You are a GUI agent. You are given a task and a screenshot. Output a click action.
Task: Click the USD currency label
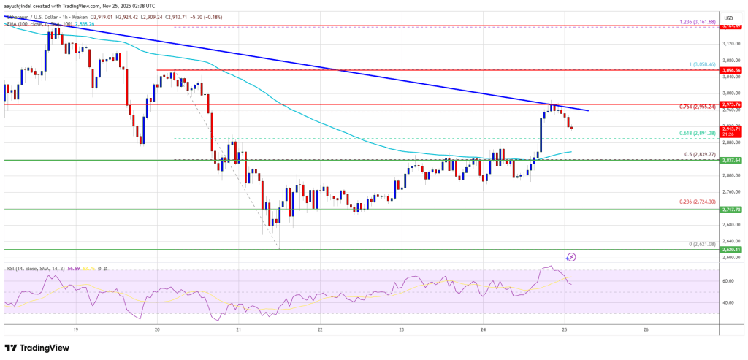point(728,17)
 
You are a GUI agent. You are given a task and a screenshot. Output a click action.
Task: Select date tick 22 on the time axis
point(320,329)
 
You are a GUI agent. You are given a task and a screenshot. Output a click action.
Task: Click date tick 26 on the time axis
point(646,329)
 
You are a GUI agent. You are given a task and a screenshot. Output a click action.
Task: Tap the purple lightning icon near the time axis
point(571,256)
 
